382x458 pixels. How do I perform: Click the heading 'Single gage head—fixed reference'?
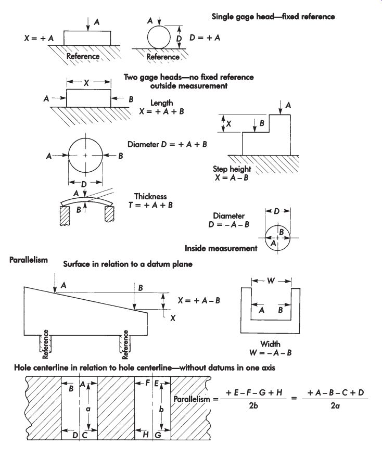point(273,17)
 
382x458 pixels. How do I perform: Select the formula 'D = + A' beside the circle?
point(205,37)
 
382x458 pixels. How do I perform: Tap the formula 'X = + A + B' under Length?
point(161,111)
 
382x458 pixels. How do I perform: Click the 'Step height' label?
point(232,169)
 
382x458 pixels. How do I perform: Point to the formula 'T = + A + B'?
point(151,205)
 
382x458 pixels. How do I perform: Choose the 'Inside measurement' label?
point(221,248)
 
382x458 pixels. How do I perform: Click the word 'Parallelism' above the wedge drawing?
point(28,260)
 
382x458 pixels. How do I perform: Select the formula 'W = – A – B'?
point(271,353)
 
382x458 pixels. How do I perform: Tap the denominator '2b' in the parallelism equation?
point(253,405)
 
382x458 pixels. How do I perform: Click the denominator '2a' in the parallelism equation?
point(335,405)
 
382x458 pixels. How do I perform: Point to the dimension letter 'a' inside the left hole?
point(88,409)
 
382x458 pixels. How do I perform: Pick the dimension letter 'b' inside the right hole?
point(161,409)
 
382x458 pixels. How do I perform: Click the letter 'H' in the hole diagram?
point(146,435)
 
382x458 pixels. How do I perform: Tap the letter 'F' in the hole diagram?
point(148,383)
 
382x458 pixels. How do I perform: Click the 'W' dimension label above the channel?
point(271,281)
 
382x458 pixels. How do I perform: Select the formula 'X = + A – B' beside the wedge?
point(199,301)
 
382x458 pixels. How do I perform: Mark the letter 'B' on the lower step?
point(262,123)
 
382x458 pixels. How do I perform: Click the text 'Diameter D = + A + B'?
point(167,144)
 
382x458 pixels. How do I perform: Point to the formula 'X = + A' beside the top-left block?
point(39,38)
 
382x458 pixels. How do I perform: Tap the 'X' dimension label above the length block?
point(86,83)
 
